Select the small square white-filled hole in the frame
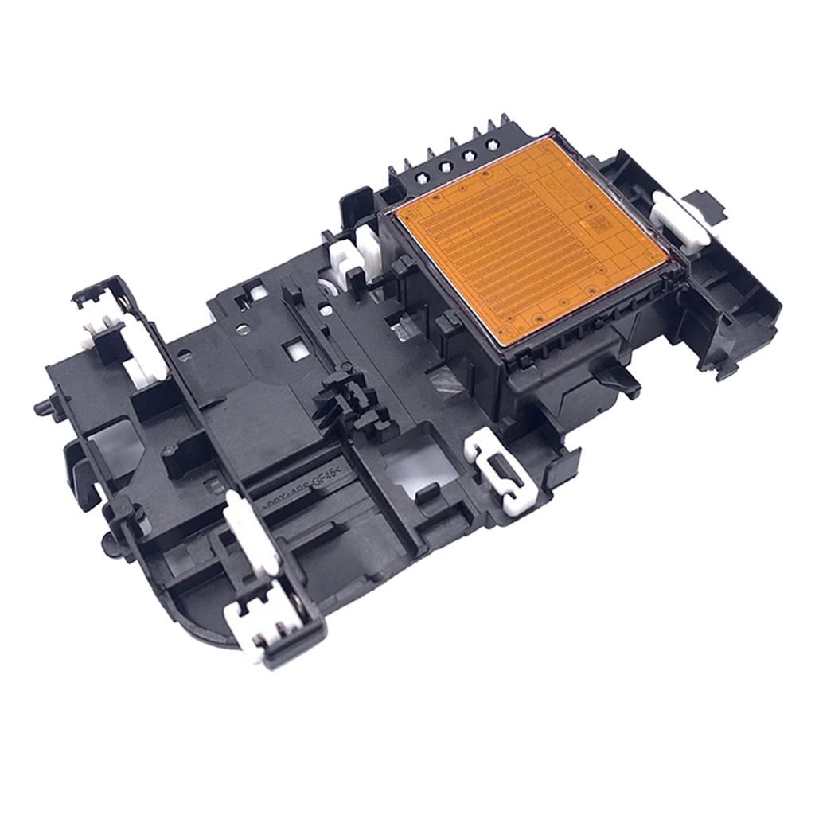pyautogui.click(x=295, y=347)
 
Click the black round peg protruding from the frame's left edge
pyautogui.click(x=41, y=407)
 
